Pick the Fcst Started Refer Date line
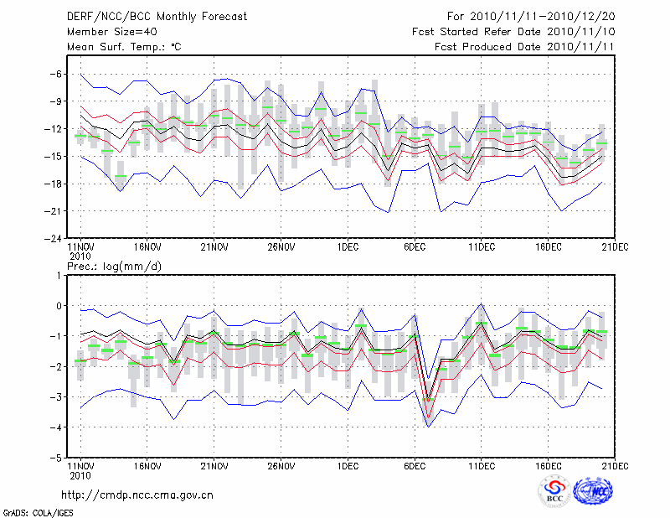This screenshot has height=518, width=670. pyautogui.click(x=514, y=31)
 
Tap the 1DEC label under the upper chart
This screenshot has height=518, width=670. pyautogui.click(x=347, y=246)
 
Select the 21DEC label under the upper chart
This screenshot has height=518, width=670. pyautogui.click(x=615, y=246)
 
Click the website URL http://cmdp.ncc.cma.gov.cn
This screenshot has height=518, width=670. pyautogui.click(x=137, y=495)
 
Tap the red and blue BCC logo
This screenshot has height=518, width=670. pyautogui.click(x=554, y=491)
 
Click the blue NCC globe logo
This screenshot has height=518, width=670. pyautogui.click(x=596, y=491)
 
